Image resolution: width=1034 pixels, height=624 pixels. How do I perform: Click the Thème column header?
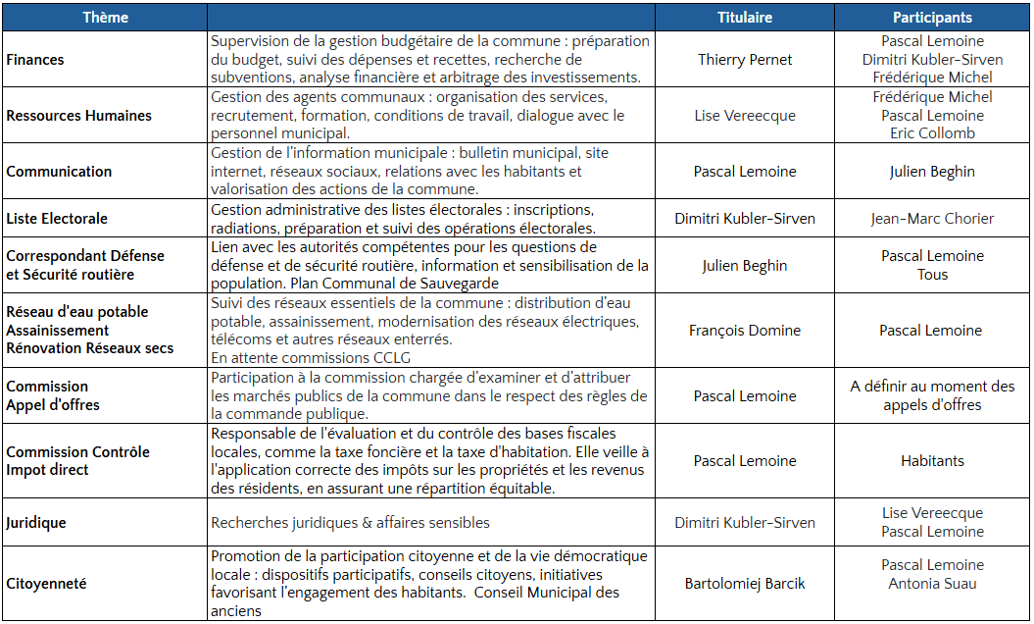[x=105, y=18]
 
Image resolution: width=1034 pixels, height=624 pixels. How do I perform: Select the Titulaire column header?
[x=744, y=18]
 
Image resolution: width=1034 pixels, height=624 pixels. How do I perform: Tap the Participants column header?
[x=932, y=18]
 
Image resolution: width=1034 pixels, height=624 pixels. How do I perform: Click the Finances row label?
[x=35, y=60]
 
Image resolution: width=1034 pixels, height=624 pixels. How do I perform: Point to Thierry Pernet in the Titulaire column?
[x=744, y=60]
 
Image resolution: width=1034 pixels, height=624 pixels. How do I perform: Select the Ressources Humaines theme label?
[x=79, y=116]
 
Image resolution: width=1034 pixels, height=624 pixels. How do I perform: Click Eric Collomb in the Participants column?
[x=932, y=133]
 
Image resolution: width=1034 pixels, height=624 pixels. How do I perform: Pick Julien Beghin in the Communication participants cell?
[x=932, y=172]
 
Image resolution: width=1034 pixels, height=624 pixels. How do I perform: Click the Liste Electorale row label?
[x=57, y=219]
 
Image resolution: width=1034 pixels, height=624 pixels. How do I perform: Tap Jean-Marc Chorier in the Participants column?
[x=932, y=219]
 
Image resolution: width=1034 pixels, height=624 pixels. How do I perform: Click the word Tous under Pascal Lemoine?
[x=932, y=275]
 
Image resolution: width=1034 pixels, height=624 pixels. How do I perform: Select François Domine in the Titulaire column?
[x=744, y=331]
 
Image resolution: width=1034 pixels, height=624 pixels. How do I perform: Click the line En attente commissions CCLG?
[x=311, y=358]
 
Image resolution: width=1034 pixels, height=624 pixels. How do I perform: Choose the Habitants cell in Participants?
[x=932, y=461]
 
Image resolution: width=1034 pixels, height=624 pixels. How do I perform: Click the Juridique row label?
[x=36, y=523]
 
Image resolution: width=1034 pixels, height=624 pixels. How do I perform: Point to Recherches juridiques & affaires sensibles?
[x=350, y=523]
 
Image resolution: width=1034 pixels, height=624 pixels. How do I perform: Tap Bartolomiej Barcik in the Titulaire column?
[x=744, y=584]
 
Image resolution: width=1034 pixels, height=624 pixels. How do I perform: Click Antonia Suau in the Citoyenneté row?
[x=932, y=584]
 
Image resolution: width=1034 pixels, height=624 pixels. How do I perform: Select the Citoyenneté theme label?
[x=46, y=584]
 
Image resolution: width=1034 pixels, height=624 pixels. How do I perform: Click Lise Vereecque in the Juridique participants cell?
[x=932, y=513]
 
